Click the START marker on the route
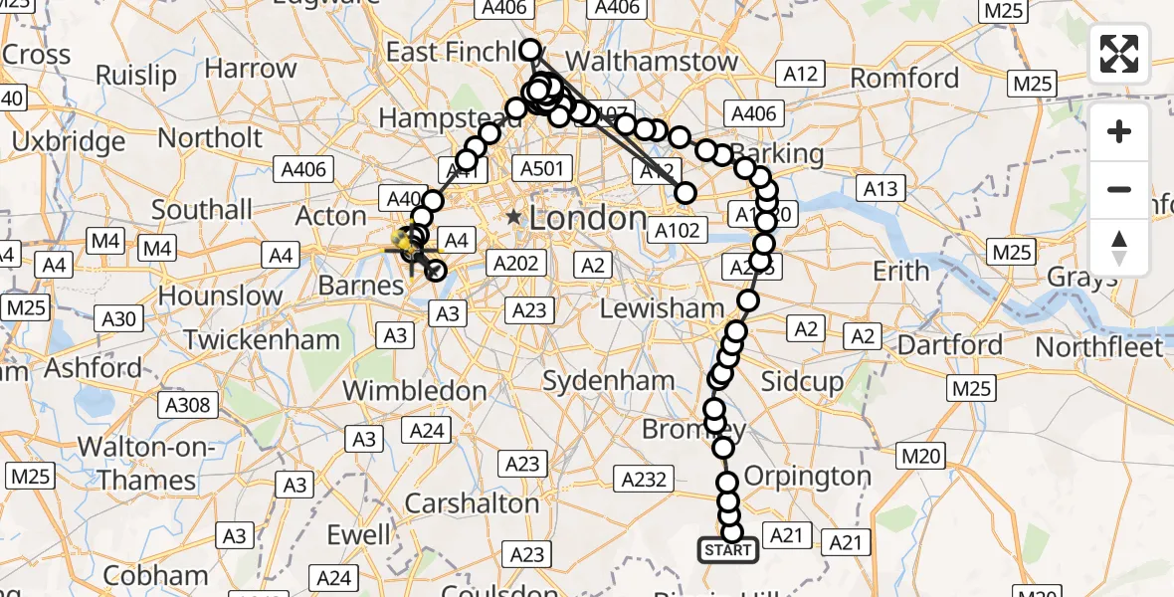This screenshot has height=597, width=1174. pyautogui.click(x=727, y=550)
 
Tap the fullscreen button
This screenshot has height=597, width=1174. pyautogui.click(x=1119, y=54)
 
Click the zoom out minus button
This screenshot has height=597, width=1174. pyautogui.click(x=1119, y=189)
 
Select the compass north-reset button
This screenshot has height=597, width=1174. pyautogui.click(x=1119, y=248)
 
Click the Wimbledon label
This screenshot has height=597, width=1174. pyautogui.click(x=415, y=390)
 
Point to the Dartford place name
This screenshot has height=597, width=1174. pyautogui.click(x=949, y=346)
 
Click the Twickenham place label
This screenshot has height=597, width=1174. pyautogui.click(x=262, y=339)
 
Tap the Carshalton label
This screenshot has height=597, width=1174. pyautogui.click(x=472, y=503)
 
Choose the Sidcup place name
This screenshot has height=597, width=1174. pyautogui.click(x=802, y=381)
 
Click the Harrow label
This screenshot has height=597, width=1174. pyautogui.click(x=251, y=70)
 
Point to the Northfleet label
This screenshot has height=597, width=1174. pyautogui.click(x=1098, y=347)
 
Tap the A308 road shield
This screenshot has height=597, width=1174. pyautogui.click(x=187, y=404)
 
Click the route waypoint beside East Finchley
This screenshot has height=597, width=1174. pyautogui.click(x=529, y=50)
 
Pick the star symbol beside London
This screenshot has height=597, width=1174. pyautogui.click(x=513, y=217)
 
